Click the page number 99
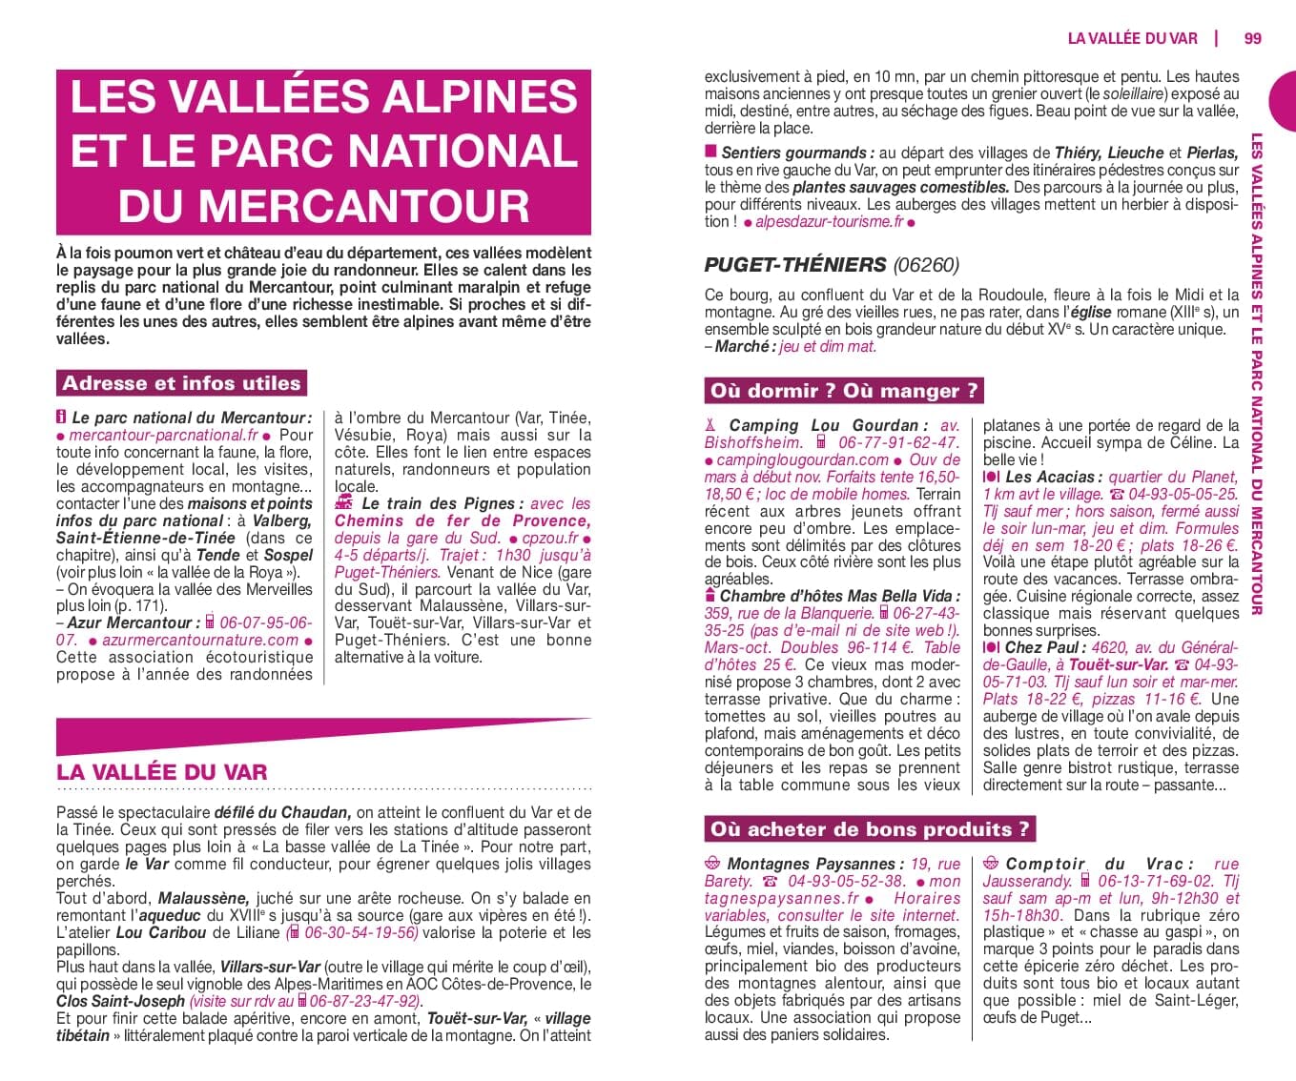click(x=1252, y=38)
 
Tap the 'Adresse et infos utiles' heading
click(x=181, y=383)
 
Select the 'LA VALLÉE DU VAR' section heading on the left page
click(x=162, y=771)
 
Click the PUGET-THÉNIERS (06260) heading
click(x=832, y=264)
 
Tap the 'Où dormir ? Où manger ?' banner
click(x=843, y=390)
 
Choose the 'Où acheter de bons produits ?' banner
click(x=870, y=828)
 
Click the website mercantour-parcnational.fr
click(x=163, y=435)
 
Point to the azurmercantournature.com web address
click(x=199, y=640)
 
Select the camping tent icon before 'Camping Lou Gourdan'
click(x=710, y=425)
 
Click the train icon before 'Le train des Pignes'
click(x=344, y=502)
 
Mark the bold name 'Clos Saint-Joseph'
click(x=120, y=1001)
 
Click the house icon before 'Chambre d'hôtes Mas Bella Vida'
click(x=710, y=596)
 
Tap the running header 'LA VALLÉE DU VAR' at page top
click(x=1132, y=38)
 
